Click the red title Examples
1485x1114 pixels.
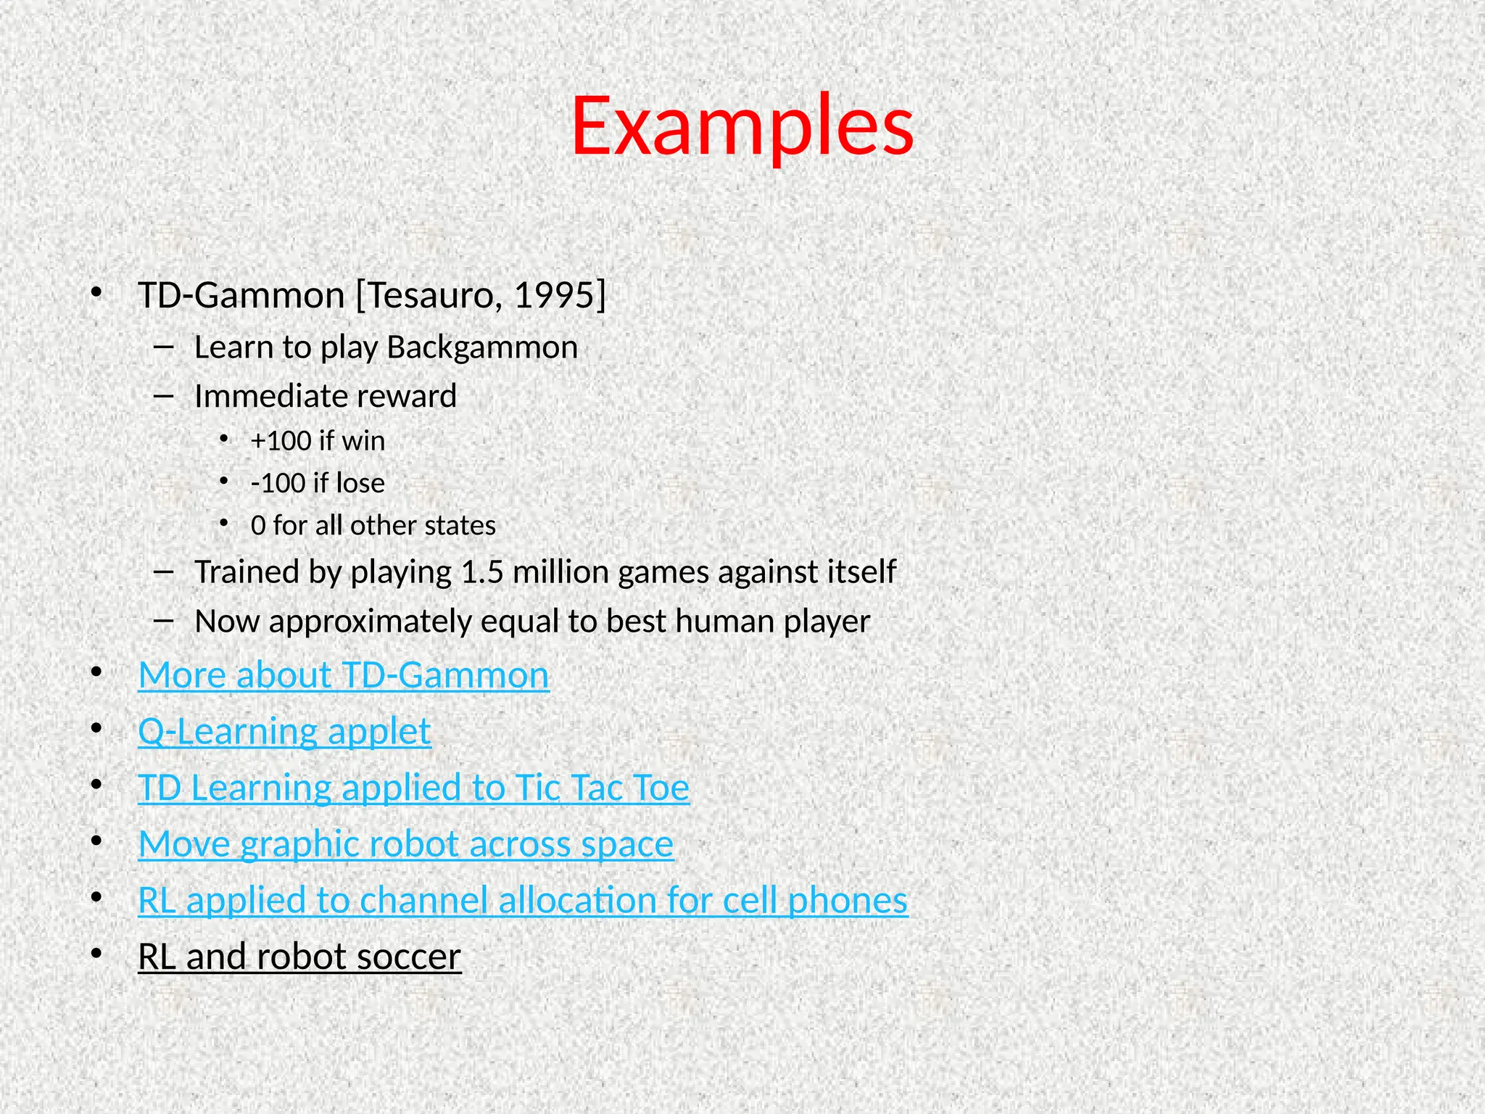click(x=742, y=127)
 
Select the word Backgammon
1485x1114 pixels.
click(x=482, y=347)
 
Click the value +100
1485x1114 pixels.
click(x=281, y=441)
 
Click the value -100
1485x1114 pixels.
click(x=278, y=483)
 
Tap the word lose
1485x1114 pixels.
click(x=360, y=483)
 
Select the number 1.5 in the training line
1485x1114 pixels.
click(x=481, y=572)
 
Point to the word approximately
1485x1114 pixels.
click(x=370, y=622)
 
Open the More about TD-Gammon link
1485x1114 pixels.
click(x=344, y=675)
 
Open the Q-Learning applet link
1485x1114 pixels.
click(x=284, y=731)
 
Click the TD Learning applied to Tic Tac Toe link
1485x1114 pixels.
click(x=413, y=788)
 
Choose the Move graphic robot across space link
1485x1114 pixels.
click(x=405, y=844)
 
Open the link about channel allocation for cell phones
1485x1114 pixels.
click(x=522, y=901)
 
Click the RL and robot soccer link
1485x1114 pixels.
click(x=299, y=957)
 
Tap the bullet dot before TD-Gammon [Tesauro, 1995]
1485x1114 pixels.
click(x=96, y=293)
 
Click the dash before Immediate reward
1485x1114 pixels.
click(x=164, y=396)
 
